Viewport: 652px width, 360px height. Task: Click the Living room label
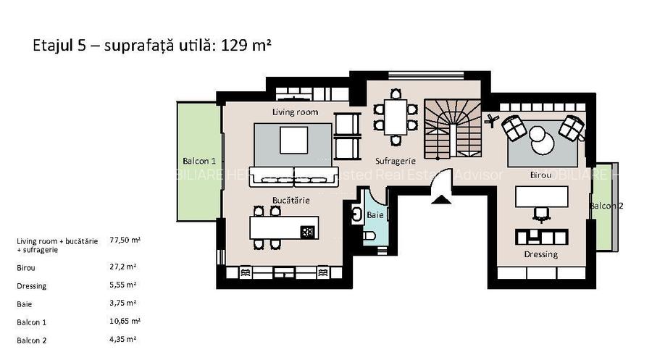[295, 112]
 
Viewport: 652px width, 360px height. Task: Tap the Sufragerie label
[395, 161]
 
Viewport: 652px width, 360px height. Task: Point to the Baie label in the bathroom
[375, 215]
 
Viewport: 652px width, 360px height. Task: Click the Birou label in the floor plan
[540, 175]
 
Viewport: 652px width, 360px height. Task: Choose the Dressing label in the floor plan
[540, 254]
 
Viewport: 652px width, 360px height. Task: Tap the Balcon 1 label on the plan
[199, 161]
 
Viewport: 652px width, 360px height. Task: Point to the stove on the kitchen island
[307, 232]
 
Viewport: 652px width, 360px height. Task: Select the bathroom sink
[358, 214]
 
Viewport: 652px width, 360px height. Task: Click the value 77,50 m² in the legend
[125, 239]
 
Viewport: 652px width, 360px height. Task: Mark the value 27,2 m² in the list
[121, 267]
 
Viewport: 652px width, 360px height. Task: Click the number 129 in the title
[233, 46]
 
